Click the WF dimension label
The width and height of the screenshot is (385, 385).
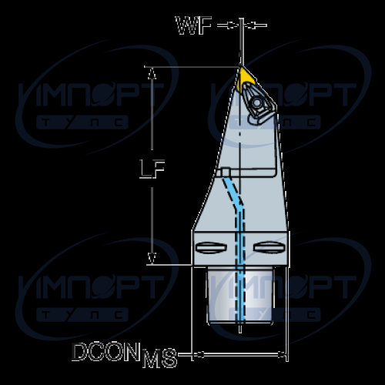(194, 25)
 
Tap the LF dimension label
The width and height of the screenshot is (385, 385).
(152, 169)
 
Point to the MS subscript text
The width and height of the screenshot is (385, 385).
(159, 358)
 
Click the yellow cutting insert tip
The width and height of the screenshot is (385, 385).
(242, 68)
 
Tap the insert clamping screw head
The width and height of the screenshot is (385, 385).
(256, 102)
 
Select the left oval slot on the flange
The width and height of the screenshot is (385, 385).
(211, 248)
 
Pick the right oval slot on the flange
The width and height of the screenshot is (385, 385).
(269, 248)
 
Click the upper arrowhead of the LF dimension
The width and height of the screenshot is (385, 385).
(152, 73)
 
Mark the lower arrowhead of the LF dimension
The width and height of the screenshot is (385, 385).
(152, 258)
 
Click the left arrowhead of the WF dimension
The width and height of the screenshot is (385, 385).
(233, 25)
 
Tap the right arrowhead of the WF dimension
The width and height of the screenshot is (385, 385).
(249, 25)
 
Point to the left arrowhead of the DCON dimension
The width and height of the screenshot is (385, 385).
(199, 355)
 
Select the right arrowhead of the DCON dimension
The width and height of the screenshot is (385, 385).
(282, 355)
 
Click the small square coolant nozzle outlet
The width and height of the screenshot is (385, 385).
(226, 172)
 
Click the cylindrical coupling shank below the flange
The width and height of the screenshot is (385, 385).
(240, 295)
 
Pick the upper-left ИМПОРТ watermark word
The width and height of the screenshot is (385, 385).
(91, 95)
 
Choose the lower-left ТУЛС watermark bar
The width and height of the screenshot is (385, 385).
(82, 315)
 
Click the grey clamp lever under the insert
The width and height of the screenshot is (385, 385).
(259, 119)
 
